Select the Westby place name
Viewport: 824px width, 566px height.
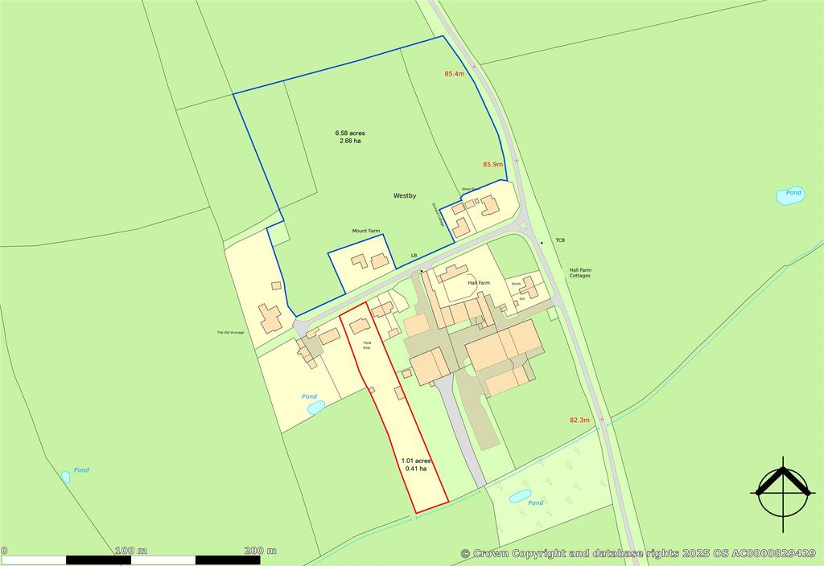point(405,195)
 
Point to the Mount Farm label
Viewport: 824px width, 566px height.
point(365,232)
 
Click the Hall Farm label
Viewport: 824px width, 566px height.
point(480,284)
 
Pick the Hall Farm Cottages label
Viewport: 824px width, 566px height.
point(579,273)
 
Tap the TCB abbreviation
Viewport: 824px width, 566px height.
point(560,240)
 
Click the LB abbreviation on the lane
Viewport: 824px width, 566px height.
point(414,256)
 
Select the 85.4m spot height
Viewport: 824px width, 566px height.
point(455,74)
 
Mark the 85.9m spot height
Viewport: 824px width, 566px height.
point(492,165)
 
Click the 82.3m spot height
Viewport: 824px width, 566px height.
point(579,420)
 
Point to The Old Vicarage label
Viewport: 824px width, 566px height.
point(230,333)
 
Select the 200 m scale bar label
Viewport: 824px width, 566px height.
point(260,551)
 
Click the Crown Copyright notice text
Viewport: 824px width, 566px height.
point(644,554)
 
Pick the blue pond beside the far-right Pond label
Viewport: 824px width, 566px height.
point(789,195)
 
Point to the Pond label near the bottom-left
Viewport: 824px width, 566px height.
point(81,470)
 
